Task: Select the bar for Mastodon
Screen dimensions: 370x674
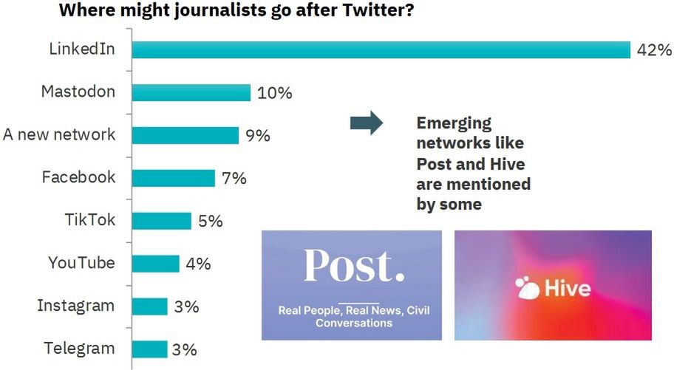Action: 191,92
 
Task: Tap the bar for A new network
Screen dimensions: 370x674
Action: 185,135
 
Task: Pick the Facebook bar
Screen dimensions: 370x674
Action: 173,178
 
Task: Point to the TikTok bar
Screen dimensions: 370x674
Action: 161,221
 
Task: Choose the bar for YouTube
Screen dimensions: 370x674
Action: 155,264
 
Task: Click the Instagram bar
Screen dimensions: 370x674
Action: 149,306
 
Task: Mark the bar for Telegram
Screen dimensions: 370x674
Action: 149,349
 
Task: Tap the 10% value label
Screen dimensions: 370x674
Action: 275,93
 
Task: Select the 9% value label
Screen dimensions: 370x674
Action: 258,136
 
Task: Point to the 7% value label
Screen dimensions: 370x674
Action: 234,179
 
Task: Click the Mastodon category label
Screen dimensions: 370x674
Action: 78,92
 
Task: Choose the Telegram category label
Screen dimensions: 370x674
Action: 80,349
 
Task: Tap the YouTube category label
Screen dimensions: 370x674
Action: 81,263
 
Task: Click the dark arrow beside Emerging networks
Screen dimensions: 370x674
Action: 366,123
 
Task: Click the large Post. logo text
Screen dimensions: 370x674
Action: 353,267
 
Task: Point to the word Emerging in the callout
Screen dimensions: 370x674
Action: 454,123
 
